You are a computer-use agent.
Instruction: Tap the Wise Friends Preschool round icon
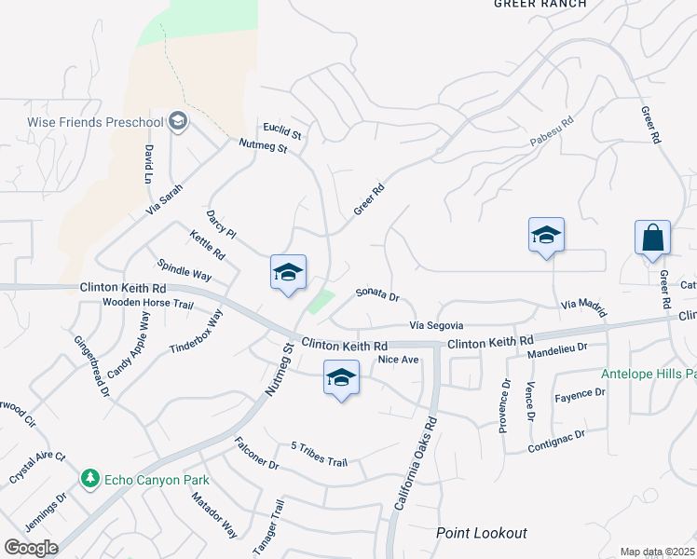[x=178, y=121]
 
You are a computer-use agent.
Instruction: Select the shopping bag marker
[x=652, y=239]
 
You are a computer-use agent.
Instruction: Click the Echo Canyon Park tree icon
[x=90, y=479]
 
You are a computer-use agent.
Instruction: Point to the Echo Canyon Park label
[x=157, y=480]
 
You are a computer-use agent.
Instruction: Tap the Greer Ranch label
[x=540, y=5]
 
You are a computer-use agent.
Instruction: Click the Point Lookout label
[x=482, y=533]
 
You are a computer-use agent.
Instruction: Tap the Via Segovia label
[x=436, y=325]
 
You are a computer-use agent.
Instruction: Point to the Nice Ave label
[x=398, y=360]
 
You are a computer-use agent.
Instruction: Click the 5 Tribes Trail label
[x=319, y=454]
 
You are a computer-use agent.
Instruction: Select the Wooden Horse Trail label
[x=147, y=304]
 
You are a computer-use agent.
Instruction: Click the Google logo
[x=30, y=548]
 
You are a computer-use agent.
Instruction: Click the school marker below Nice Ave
[x=342, y=377]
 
